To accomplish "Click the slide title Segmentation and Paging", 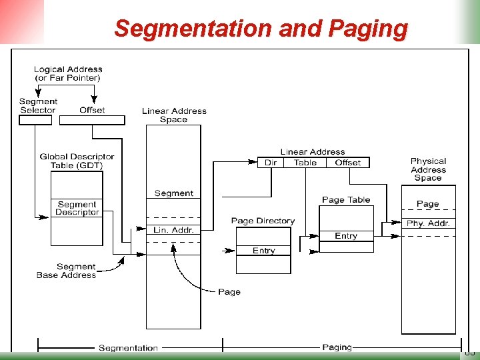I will [261, 29].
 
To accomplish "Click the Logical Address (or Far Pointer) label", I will [68, 73].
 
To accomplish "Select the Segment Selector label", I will [38, 106].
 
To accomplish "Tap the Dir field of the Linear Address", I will [271, 163].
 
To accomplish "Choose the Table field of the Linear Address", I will [305, 163].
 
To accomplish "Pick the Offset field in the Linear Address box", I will [347, 163].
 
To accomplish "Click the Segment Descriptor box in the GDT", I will [77, 209].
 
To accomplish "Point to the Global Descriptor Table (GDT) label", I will [77, 161].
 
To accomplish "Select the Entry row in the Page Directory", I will [263, 251].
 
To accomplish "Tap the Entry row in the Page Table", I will [346, 236].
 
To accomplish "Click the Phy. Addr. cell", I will [428, 223].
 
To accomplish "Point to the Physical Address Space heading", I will [428, 169].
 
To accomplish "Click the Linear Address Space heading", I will [173, 115].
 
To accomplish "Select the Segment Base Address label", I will [66, 271].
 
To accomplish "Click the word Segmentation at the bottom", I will [128, 347].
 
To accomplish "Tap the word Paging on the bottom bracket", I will [337, 347].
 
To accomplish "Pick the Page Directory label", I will [263, 221].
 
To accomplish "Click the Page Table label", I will [346, 199].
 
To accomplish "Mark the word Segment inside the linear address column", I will [173, 193].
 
